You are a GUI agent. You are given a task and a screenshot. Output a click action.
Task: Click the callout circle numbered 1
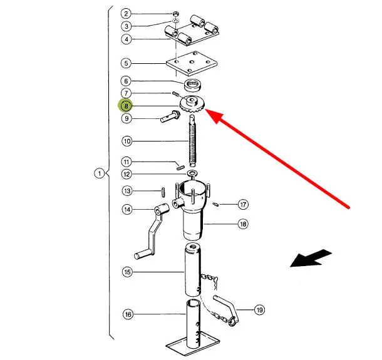(x=99, y=173)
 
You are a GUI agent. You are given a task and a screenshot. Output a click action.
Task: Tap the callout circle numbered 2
(x=126, y=14)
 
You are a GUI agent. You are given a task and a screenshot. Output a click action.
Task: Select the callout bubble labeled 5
(x=126, y=63)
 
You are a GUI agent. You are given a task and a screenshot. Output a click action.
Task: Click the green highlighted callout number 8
(x=126, y=106)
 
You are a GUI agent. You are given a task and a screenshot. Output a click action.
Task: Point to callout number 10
(x=126, y=141)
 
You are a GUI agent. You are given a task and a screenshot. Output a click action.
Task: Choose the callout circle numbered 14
(x=127, y=210)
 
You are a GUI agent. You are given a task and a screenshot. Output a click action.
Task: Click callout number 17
(x=244, y=204)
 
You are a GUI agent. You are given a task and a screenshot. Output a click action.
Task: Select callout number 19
(x=259, y=309)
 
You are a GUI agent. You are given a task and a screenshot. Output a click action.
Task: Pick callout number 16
(x=127, y=314)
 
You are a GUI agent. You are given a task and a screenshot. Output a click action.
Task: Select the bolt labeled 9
(x=168, y=116)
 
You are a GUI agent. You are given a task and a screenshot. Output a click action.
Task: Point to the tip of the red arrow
(x=207, y=113)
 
